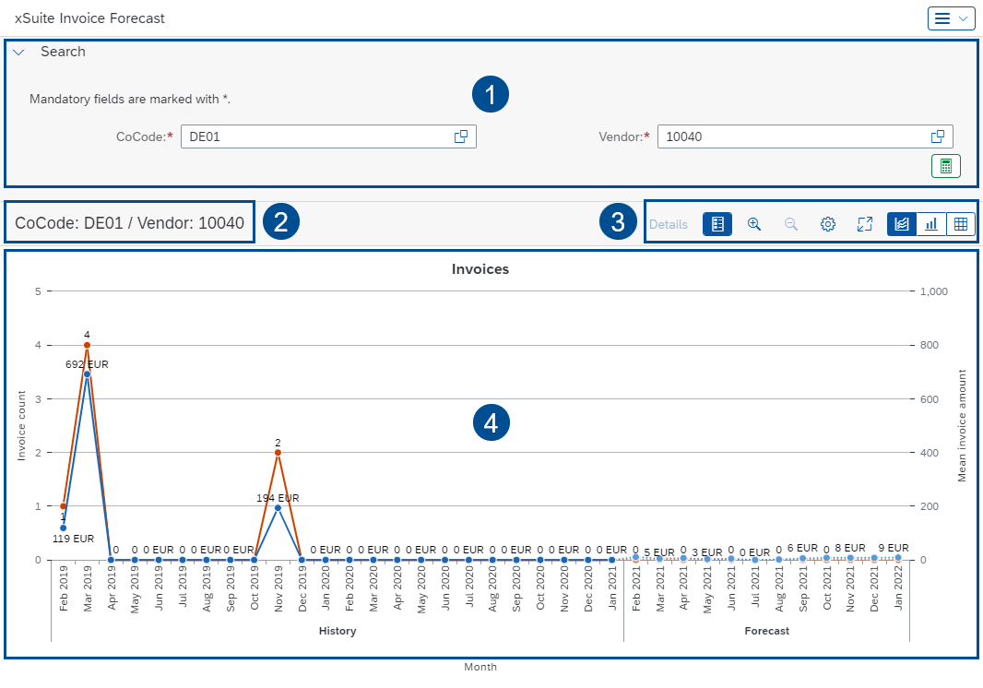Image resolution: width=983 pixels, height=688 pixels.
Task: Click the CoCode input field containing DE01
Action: coord(314,136)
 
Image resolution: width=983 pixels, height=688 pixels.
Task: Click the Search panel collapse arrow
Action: coord(18,53)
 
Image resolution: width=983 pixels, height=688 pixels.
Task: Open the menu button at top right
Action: coord(951,18)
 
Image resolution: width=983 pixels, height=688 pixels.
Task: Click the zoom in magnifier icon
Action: coord(754,224)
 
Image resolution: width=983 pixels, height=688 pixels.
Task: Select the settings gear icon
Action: coord(828,224)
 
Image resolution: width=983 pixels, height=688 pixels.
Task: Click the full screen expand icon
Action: coord(864,224)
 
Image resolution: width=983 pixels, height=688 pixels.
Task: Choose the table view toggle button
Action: coord(960,224)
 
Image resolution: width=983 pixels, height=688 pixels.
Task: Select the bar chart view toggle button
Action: coord(931,224)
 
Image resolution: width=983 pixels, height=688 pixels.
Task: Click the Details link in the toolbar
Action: coord(669,224)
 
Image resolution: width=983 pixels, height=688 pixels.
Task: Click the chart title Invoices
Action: coord(480,269)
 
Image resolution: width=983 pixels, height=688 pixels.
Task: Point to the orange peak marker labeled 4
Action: coord(87,345)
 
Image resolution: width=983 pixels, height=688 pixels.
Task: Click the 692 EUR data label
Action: coord(87,364)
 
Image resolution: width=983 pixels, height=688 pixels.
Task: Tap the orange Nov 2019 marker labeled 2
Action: coord(278,453)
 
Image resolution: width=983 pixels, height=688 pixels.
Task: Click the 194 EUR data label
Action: coord(278,498)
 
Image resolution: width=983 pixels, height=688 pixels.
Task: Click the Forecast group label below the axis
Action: coord(766,632)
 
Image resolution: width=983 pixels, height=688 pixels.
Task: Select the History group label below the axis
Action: coord(337,632)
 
